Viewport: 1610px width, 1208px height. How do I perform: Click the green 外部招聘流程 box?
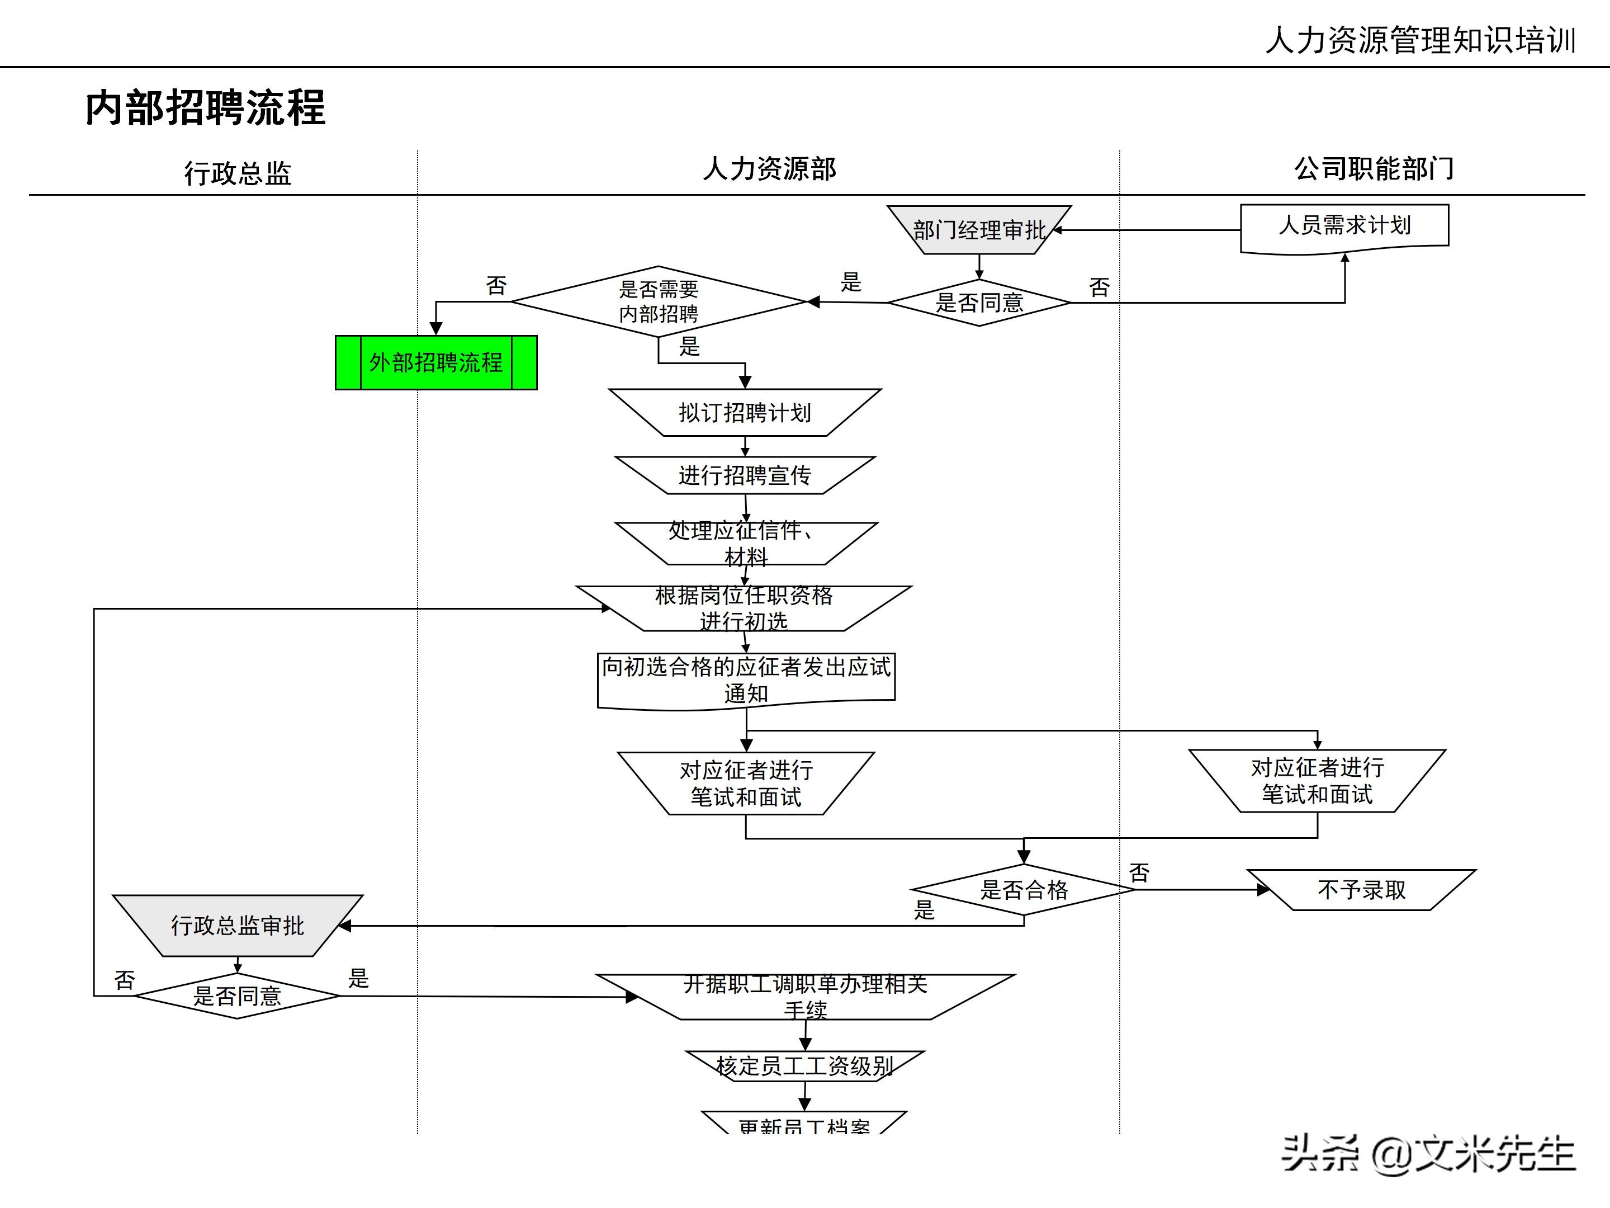tap(435, 362)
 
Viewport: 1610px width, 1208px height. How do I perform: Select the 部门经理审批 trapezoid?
tap(979, 230)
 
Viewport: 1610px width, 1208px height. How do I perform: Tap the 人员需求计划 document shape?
tap(1344, 227)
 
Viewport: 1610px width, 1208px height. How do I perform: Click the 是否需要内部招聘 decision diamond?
tap(659, 301)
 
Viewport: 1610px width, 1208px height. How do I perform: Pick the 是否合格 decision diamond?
tap(1024, 889)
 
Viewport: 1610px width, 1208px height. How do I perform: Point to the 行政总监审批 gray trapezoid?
tap(237, 926)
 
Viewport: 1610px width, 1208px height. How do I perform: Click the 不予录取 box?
tap(1361, 890)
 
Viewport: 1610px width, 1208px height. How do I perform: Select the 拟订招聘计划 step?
tap(745, 413)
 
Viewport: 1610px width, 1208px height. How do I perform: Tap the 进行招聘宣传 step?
tap(745, 475)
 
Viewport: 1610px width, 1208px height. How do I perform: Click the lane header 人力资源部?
tap(769, 169)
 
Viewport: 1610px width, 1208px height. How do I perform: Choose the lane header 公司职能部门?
tap(1373, 169)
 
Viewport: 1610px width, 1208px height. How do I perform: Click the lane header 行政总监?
tap(237, 173)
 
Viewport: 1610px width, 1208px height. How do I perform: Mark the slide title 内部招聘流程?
tap(205, 108)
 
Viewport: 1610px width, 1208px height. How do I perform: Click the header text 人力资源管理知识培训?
tap(1420, 40)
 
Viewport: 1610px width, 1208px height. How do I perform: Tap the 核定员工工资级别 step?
tap(804, 1066)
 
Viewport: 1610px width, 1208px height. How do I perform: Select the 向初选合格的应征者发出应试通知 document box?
tap(746, 679)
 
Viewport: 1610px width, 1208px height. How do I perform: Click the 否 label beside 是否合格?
tap(1139, 872)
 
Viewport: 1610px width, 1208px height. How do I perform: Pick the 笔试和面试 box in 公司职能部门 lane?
tap(1317, 781)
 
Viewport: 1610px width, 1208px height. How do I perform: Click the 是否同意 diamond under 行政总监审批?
tap(237, 995)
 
